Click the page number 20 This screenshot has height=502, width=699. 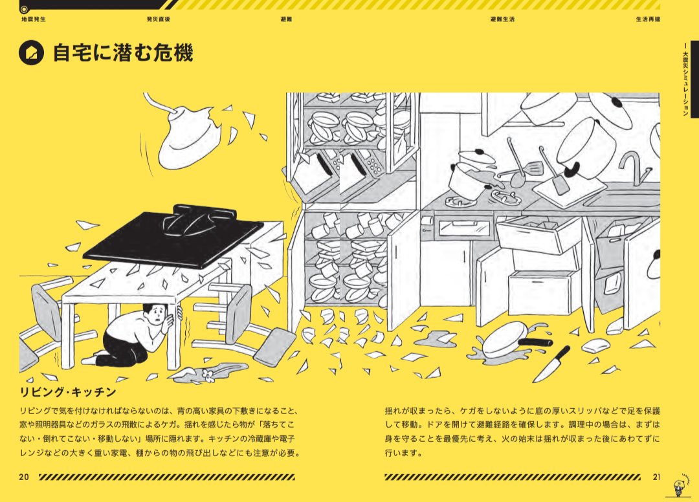coord(24,477)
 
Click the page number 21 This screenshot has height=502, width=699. coord(656,477)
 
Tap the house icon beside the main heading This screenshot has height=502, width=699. coord(31,53)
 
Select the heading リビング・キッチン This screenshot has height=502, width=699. coord(68,392)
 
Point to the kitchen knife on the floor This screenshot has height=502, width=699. coord(551,364)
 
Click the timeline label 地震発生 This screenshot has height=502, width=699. coord(34,19)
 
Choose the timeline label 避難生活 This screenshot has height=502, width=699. coord(502,19)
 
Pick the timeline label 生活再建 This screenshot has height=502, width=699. coord(648,19)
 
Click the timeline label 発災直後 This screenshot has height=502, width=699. coord(159,19)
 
